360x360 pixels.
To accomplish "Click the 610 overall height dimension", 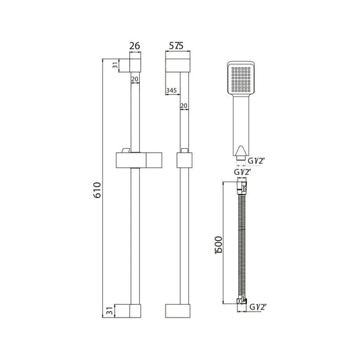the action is pyautogui.click(x=98, y=190).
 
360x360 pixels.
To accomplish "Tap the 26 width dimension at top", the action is pyautogui.click(x=135, y=46).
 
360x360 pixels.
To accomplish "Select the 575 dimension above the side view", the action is pyautogui.click(x=176, y=46).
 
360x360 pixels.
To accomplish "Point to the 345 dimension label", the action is pyautogui.click(x=172, y=90).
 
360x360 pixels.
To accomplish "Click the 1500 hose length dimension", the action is pyautogui.click(x=219, y=245).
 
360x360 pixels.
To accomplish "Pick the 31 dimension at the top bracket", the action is pyautogui.click(x=115, y=65).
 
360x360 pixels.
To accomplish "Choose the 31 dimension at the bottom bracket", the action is pyautogui.click(x=110, y=311).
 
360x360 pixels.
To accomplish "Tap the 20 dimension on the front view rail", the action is pyautogui.click(x=135, y=79).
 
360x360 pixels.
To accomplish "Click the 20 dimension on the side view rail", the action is pyautogui.click(x=184, y=106).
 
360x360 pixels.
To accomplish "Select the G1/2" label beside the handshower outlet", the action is pyautogui.click(x=256, y=161).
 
